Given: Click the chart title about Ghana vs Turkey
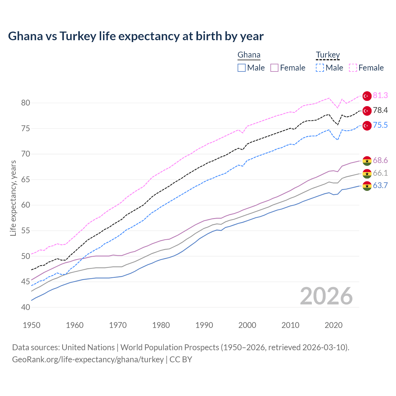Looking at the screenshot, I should pyautogui.click(x=136, y=36).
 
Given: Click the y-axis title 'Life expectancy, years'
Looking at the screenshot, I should pyautogui.click(x=13, y=198).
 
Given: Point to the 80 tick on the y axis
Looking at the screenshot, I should pyautogui.click(x=26, y=103).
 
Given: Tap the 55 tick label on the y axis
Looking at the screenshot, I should pyautogui.click(x=26, y=230).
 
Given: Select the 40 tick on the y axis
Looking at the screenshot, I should pyautogui.click(x=26, y=307).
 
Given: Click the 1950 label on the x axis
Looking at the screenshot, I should pyautogui.click(x=32, y=325).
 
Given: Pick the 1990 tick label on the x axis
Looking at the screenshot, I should pyautogui.click(x=204, y=325).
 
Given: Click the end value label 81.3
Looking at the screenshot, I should pyautogui.click(x=380, y=96).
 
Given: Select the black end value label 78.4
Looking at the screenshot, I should pyautogui.click(x=380, y=110).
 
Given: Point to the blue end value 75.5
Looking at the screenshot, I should pyautogui.click(x=380, y=125).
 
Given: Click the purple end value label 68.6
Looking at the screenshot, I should pyautogui.click(x=380, y=160).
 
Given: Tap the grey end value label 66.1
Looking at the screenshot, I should pyautogui.click(x=380, y=173).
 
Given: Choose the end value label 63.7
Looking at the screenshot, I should pyautogui.click(x=380, y=186).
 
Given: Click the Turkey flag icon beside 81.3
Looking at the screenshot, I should pyautogui.click(x=367, y=96).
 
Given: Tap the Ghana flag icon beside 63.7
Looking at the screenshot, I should pyautogui.click(x=367, y=186).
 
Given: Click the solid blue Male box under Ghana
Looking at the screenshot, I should pyautogui.click(x=242, y=68).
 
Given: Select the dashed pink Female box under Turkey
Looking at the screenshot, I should pyautogui.click(x=353, y=68).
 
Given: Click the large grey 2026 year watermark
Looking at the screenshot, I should pyautogui.click(x=326, y=296).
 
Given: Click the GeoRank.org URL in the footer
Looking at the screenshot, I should pyautogui.click(x=88, y=359).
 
